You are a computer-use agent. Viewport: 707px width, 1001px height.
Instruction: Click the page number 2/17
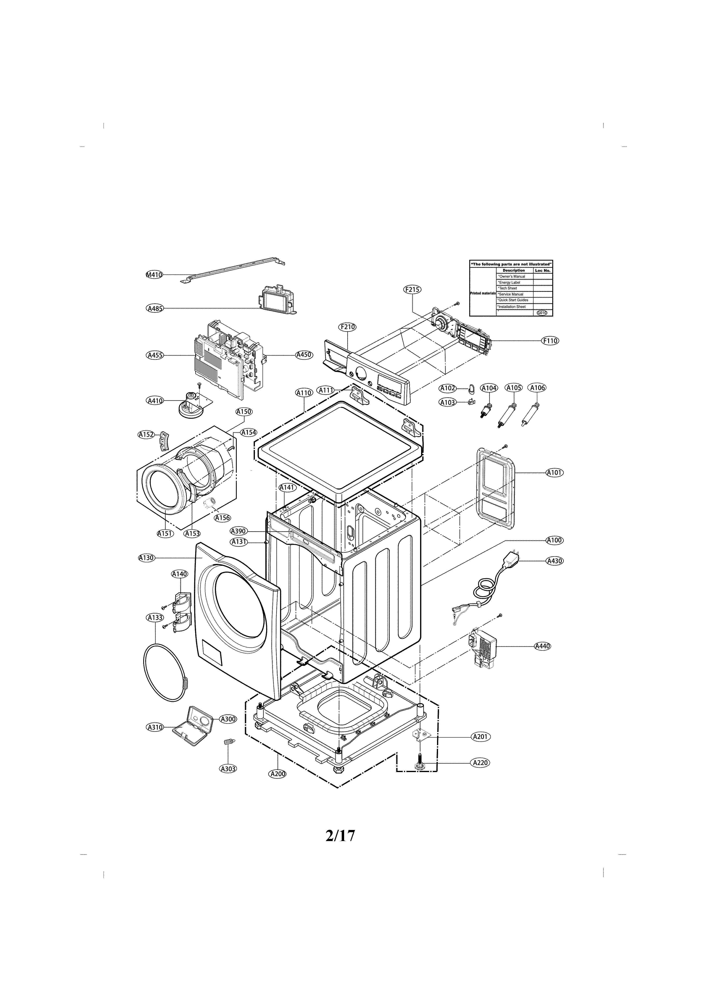click(340, 835)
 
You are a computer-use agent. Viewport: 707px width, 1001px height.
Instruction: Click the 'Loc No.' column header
click(543, 270)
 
